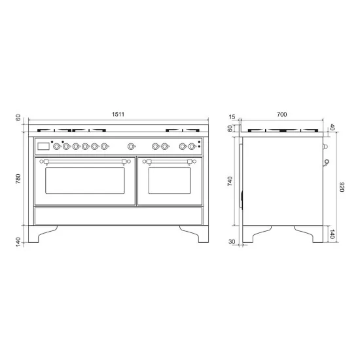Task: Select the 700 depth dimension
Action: click(x=281, y=115)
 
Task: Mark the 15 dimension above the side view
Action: click(x=230, y=117)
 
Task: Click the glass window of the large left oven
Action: click(x=85, y=183)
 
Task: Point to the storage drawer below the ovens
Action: click(x=118, y=216)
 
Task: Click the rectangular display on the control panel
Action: click(x=44, y=147)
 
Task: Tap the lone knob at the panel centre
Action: click(x=132, y=147)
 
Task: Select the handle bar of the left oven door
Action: click(x=85, y=159)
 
